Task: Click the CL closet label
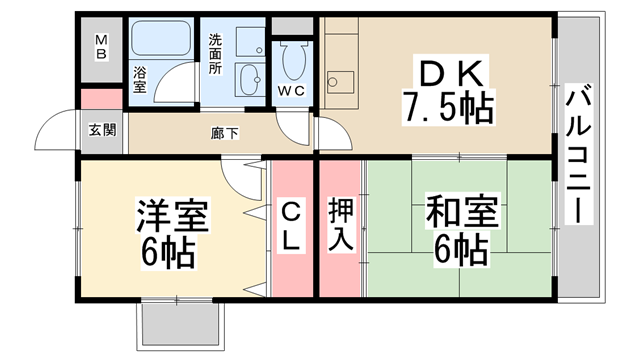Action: pos(291,228)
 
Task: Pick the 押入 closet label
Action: pos(340,229)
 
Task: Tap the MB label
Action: pos(101,46)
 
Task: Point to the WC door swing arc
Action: pos(294,125)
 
